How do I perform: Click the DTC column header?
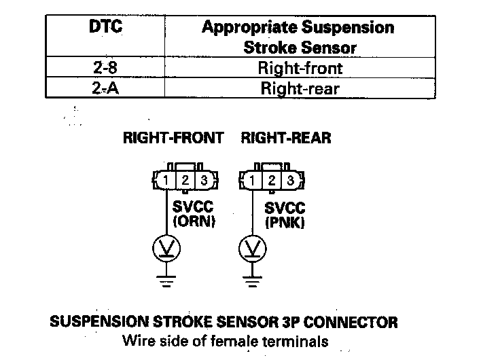tap(105, 26)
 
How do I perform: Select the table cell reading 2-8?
tap(105, 68)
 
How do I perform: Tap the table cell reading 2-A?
tap(105, 88)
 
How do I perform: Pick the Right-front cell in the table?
tap(300, 68)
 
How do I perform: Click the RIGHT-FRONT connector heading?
tap(173, 138)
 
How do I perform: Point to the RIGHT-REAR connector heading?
tap(286, 138)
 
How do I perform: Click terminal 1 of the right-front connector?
tap(166, 181)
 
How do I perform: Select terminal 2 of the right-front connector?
tap(185, 181)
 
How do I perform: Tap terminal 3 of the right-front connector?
tap(204, 181)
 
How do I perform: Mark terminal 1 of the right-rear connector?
tap(252, 181)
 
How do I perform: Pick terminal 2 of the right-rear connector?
tap(272, 181)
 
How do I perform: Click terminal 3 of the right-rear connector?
tap(291, 181)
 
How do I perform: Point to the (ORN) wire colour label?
tap(194, 221)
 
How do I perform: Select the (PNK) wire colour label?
tap(285, 222)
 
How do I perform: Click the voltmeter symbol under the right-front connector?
tap(166, 249)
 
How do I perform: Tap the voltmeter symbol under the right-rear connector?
tap(252, 249)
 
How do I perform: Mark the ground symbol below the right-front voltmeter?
tap(166, 281)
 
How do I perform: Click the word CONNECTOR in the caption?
tap(351, 322)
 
